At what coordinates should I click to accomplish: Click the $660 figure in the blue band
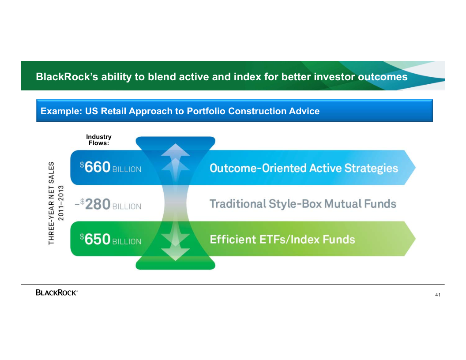(x=95, y=167)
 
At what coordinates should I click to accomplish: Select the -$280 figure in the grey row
(x=93, y=204)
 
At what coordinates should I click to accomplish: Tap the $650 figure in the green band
(x=95, y=239)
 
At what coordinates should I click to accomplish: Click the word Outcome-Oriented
(x=258, y=168)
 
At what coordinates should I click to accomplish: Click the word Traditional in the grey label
(x=237, y=204)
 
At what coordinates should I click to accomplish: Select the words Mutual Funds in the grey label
(x=360, y=204)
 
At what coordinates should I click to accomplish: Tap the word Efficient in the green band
(x=233, y=240)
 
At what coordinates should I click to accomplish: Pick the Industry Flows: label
(x=99, y=139)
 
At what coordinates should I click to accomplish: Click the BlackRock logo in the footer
(x=57, y=292)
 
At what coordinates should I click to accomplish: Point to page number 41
(x=438, y=295)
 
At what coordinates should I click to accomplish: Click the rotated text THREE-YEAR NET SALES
(x=52, y=203)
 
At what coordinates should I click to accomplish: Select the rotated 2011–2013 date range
(x=61, y=203)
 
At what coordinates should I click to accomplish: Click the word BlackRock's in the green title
(x=67, y=77)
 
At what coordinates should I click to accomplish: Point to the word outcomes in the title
(x=383, y=77)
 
